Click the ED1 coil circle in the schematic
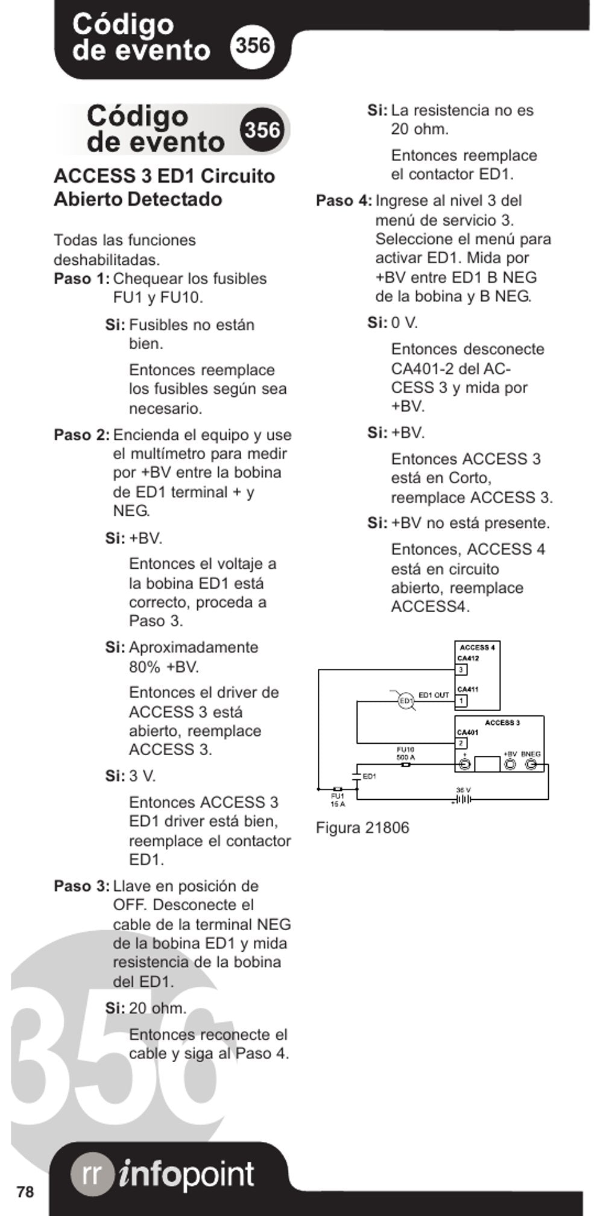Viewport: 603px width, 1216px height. (x=406, y=701)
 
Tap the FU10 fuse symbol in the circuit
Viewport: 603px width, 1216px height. (x=406, y=764)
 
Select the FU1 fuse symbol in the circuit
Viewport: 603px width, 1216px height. (x=338, y=788)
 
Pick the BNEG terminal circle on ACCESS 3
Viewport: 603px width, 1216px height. (x=531, y=764)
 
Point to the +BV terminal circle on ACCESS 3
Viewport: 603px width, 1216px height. (x=510, y=764)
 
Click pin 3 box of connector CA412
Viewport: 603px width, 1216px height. (x=461, y=670)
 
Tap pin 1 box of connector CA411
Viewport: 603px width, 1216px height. (x=461, y=701)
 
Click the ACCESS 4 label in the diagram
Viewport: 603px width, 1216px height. (x=477, y=648)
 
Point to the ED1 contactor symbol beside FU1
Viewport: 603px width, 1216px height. (x=356, y=776)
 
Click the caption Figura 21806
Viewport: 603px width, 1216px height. (x=362, y=828)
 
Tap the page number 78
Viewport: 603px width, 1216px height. (x=25, y=1192)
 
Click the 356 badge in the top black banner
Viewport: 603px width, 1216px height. (x=253, y=45)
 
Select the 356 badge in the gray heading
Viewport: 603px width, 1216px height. (x=263, y=130)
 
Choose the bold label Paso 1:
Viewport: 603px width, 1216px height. (x=81, y=279)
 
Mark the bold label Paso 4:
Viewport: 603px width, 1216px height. (x=344, y=201)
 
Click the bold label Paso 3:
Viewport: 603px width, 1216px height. (x=81, y=886)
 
